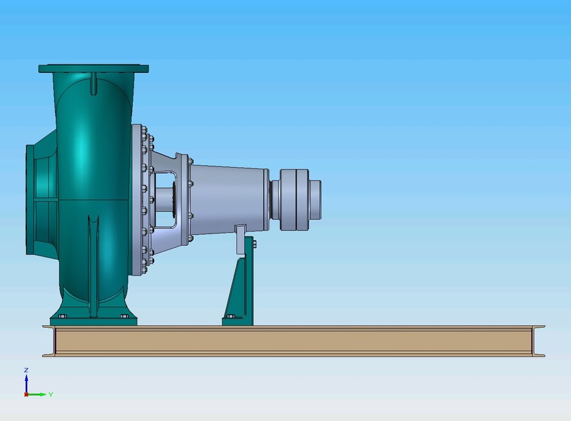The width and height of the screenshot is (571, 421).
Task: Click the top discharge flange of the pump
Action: click(x=93, y=68)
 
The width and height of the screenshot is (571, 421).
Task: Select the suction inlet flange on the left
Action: click(x=29, y=200)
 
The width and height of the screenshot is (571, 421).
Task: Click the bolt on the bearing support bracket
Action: click(x=254, y=245)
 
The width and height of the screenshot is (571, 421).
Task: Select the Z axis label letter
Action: click(x=26, y=370)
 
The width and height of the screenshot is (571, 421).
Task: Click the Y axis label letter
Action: click(x=51, y=395)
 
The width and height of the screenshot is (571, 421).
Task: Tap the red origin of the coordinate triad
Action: click(x=26, y=395)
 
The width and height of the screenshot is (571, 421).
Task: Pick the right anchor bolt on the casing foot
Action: click(x=124, y=316)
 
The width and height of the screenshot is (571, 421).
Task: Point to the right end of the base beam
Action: click(x=539, y=341)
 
